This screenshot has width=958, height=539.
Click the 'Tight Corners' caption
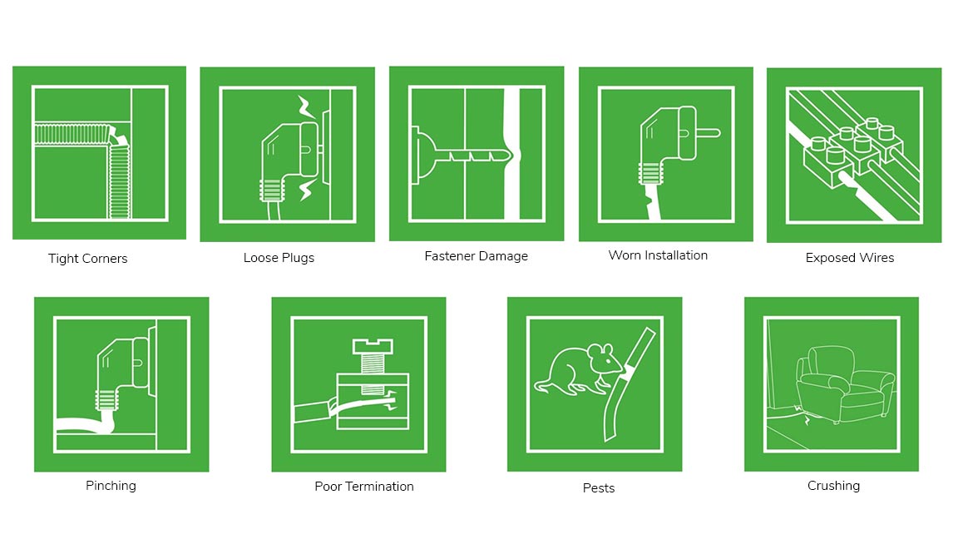88,259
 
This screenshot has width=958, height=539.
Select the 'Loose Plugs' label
279,258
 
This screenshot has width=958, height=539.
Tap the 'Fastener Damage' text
476,256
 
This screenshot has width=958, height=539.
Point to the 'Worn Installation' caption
658,255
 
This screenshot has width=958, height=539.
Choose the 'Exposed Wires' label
849,258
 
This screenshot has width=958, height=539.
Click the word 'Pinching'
111,486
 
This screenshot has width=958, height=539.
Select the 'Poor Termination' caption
364,487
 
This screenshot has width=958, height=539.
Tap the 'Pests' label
599,487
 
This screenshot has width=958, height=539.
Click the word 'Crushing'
833,486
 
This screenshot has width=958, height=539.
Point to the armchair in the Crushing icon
845,384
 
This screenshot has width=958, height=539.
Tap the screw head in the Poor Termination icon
373,347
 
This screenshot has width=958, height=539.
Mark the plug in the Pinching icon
122,373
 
